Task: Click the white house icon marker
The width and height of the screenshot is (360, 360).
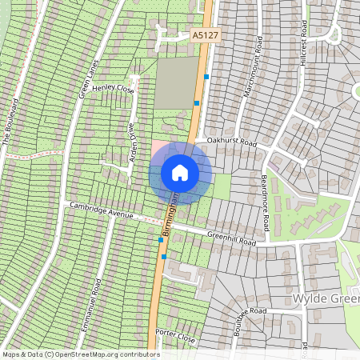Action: [180, 173]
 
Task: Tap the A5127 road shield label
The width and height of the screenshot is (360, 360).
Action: [205, 36]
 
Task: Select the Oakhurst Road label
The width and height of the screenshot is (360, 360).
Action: [231, 142]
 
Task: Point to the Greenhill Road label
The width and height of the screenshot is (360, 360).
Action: [231, 238]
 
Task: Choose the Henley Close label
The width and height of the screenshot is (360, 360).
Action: [114, 88]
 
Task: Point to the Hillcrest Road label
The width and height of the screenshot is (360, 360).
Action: [304, 40]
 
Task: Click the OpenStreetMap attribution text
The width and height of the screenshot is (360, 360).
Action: [80, 354]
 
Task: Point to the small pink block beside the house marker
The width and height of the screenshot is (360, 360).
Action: [159, 150]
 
